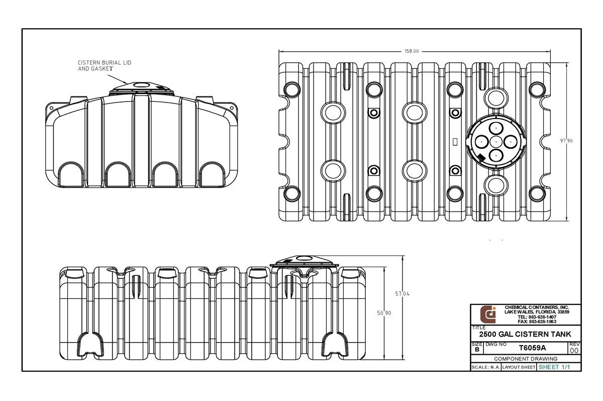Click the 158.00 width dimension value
pyautogui.click(x=412, y=51)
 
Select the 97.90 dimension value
pyautogui.click(x=566, y=141)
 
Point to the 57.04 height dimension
pyautogui.click(x=402, y=293)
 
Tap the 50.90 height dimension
pyautogui.click(x=384, y=313)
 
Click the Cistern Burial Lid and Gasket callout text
pyautogui.click(x=105, y=66)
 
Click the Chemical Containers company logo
pyautogui.click(x=488, y=315)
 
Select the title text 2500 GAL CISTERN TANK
pyautogui.click(x=525, y=334)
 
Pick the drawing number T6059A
pyautogui.click(x=532, y=348)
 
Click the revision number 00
pyautogui.click(x=574, y=350)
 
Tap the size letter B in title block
pyautogui.click(x=477, y=350)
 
